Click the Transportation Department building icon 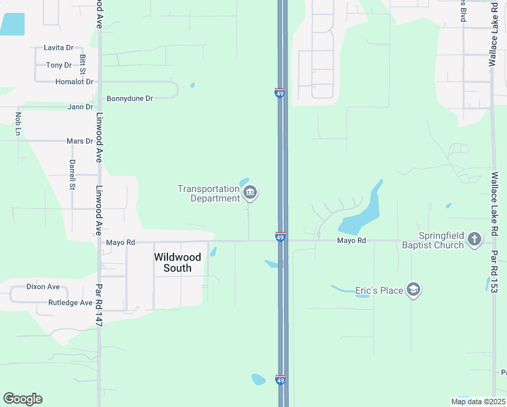pyautogui.click(x=250, y=193)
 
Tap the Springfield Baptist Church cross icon pyautogui.click(x=474, y=239)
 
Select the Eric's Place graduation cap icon pyautogui.click(x=413, y=291)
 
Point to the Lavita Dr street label pyautogui.click(x=58, y=48)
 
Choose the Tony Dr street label pyautogui.click(x=59, y=65)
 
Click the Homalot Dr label pyautogui.click(x=74, y=82)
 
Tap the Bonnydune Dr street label pyautogui.click(x=130, y=98)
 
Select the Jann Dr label pyautogui.click(x=80, y=107)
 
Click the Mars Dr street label pyautogui.click(x=79, y=141)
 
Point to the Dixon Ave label pyautogui.click(x=43, y=287)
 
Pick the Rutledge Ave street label pyautogui.click(x=70, y=303)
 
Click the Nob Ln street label pyautogui.click(x=19, y=122)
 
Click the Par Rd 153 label pyautogui.click(x=494, y=271)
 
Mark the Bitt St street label pyautogui.click(x=83, y=65)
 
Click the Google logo pyautogui.click(x=22, y=399)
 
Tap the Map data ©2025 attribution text pyautogui.click(x=477, y=402)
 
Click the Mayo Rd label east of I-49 pyautogui.click(x=352, y=241)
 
